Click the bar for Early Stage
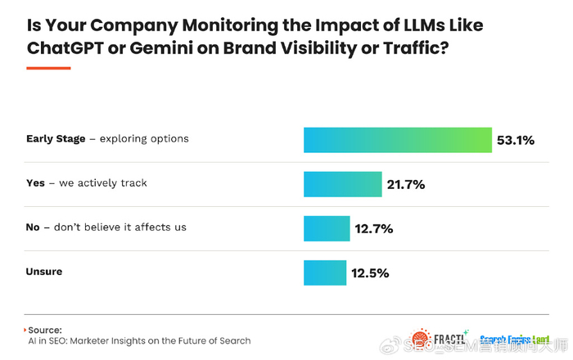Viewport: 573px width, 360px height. [397, 140]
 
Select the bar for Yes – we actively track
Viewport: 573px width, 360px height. [343, 184]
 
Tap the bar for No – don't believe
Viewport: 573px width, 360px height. [327, 228]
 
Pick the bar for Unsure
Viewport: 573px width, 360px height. [325, 272]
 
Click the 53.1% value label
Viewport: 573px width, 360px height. [516, 140]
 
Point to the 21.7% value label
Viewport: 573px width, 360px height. [406, 184]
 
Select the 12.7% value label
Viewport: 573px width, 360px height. [374, 228]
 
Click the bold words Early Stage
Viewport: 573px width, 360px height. [56, 139]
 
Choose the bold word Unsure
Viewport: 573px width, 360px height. [45, 271]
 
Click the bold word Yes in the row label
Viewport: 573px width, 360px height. [36, 183]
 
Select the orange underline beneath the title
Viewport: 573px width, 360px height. [48, 68]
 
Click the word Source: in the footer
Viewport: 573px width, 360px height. [46, 329]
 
